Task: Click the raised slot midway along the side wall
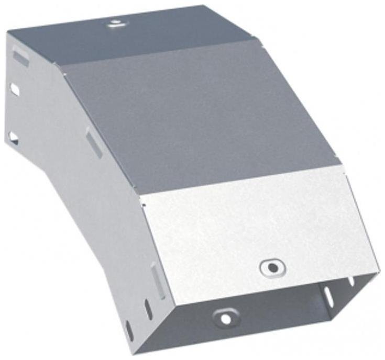[x=94, y=144]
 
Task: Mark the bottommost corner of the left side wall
[x=131, y=345]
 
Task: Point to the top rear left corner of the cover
[x=7, y=32]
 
